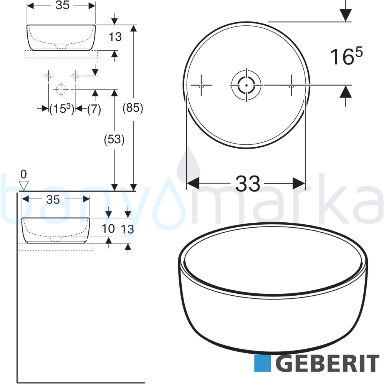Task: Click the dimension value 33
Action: [248, 184]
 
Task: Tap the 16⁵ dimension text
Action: [346, 56]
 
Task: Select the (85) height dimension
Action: [133, 108]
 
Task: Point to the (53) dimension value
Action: [114, 140]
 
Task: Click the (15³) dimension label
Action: [61, 109]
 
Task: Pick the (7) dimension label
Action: [94, 109]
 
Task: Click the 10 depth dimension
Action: [108, 229]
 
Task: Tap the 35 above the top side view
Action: [62, 5]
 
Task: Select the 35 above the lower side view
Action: [53, 200]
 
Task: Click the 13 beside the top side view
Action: [115, 37]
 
